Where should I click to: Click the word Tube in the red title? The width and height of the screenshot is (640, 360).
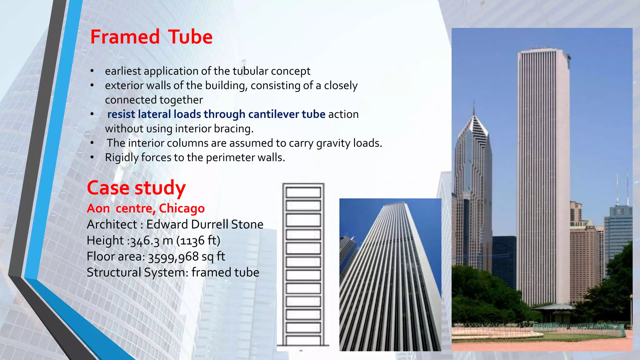190,37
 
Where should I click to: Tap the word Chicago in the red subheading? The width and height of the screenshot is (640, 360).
182,208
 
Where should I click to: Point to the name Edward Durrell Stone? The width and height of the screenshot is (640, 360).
205,224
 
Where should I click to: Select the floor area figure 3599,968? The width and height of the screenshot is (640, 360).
173,257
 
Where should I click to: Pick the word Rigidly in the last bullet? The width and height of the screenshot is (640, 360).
122,157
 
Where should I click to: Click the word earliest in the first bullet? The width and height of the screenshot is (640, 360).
123,71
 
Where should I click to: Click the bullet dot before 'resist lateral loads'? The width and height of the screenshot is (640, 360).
92,114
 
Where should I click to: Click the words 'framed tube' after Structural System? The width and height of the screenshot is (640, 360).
225,272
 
